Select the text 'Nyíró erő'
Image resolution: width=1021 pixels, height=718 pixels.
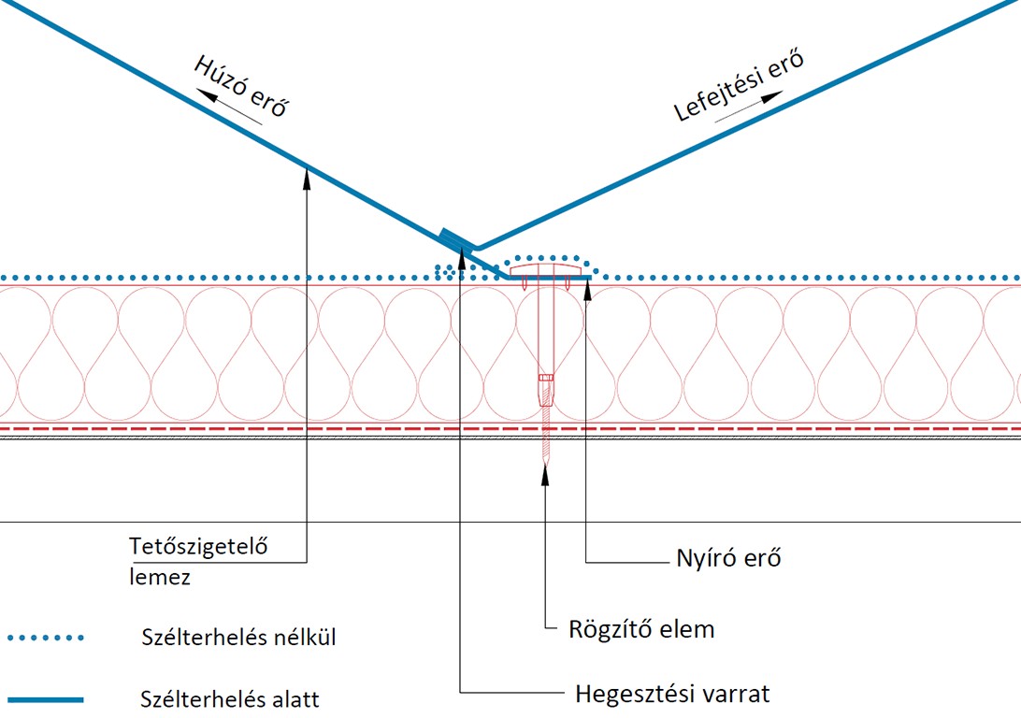(727, 559)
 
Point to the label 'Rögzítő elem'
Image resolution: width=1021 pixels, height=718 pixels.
(641, 628)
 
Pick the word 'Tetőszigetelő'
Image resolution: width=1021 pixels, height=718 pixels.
(198, 546)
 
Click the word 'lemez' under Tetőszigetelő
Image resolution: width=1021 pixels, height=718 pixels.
(160, 577)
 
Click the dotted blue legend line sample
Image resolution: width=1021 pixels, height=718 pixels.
(45, 639)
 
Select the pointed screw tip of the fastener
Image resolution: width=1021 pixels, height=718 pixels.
(545, 458)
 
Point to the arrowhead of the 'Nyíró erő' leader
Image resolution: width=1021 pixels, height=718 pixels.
(586, 284)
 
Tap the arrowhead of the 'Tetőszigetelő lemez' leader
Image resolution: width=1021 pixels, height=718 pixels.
(307, 172)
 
